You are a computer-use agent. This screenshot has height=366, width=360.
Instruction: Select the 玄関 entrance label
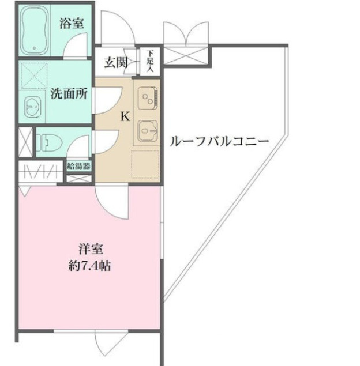pos(116,62)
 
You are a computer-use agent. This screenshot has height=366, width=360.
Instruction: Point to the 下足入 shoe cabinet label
pos(150,60)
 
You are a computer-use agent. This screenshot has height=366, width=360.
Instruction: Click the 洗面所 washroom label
pos(69,93)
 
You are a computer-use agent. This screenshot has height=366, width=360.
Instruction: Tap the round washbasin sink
pos(32,107)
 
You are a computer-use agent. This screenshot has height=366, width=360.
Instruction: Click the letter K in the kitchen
pos(124,116)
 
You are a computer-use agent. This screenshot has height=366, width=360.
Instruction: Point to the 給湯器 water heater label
pos(78,167)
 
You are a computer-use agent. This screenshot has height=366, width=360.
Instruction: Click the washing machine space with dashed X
pos(35,75)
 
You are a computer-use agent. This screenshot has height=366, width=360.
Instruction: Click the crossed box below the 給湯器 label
pos(78,178)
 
